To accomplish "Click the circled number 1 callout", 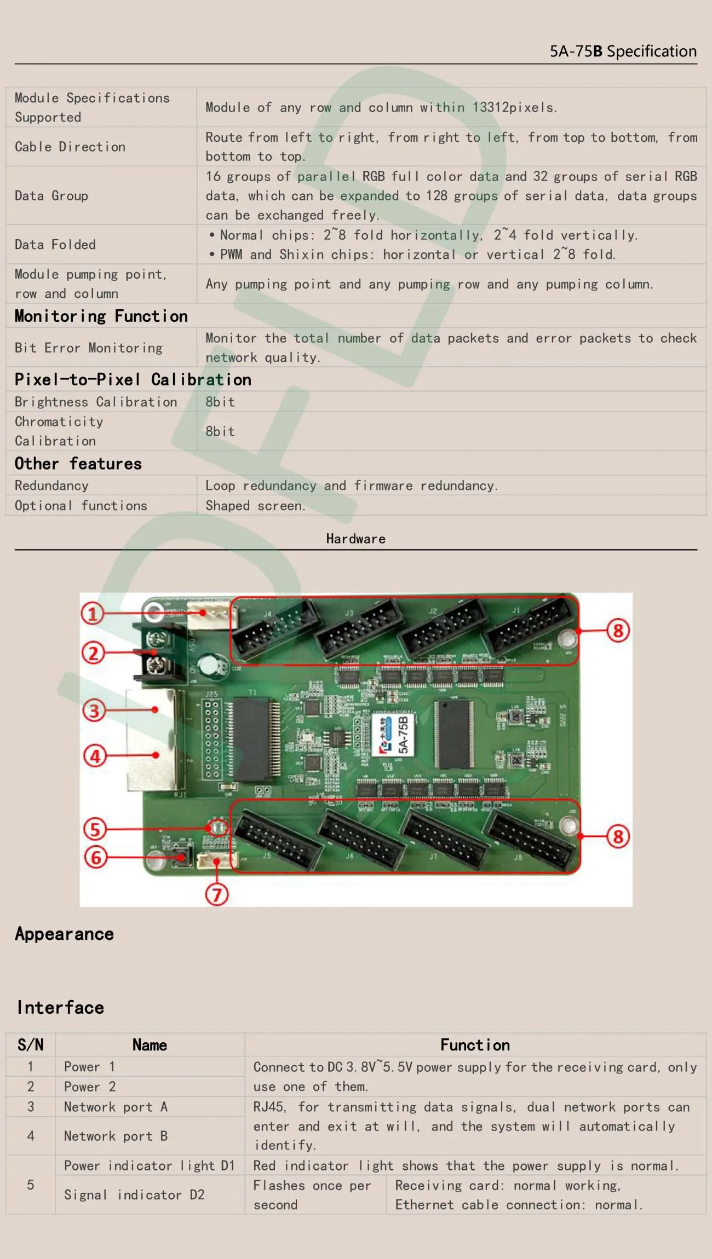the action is pos(93,613).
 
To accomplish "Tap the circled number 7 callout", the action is pos(217,894).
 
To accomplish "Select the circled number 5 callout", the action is pos(95,829).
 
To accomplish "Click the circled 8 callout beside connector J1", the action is pos(618,631).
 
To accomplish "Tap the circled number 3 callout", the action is pos(94,711).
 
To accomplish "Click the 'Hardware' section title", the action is pos(356,539).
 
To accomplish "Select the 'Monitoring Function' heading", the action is pos(101,316).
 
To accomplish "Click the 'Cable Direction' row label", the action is pos(70,147).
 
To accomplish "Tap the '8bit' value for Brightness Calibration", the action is pos(220,402).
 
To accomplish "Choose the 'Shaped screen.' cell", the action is pos(255,506).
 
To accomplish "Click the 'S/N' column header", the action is pos(31,1044).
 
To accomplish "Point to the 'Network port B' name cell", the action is pos(116,1136).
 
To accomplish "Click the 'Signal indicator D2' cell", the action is pos(134,1194).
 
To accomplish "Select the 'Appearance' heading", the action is pos(65,934).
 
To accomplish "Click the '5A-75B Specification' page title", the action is pos(623,51).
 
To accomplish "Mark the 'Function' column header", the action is pos(475,1045).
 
